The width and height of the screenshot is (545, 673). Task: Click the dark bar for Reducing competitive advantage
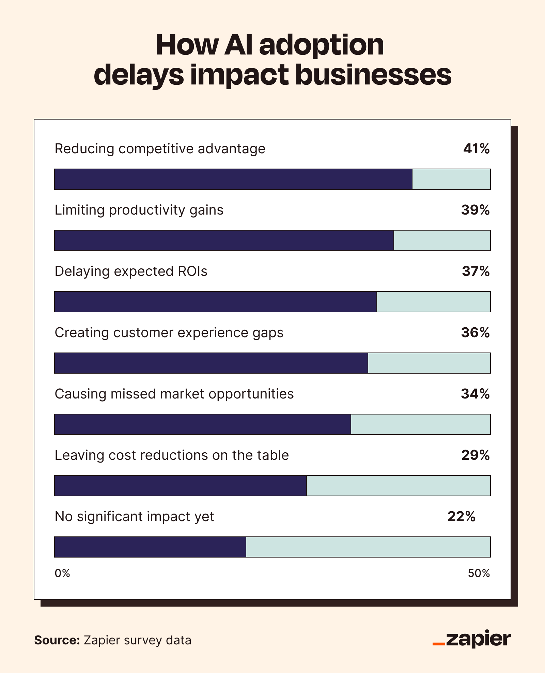(233, 179)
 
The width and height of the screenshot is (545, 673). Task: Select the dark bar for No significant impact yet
(150, 547)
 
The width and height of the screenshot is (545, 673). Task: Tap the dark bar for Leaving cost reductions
(181, 486)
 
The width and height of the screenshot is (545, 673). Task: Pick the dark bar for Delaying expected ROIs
(216, 302)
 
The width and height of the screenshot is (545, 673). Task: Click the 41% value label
(476, 149)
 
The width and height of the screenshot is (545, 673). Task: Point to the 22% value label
(461, 517)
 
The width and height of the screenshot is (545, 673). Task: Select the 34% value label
(475, 394)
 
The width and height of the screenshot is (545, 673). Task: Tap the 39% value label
(475, 210)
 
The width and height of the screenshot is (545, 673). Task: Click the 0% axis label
(62, 574)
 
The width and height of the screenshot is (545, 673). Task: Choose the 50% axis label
(479, 574)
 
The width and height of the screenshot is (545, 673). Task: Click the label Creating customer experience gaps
(169, 333)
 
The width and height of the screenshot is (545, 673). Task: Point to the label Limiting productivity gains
(139, 210)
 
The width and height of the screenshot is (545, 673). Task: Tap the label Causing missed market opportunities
(174, 394)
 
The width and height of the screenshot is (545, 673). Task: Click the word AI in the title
(238, 45)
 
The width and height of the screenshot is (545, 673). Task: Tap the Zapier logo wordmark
(478, 639)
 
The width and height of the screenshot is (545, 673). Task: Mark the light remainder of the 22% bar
(368, 547)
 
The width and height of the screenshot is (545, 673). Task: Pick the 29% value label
(475, 455)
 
